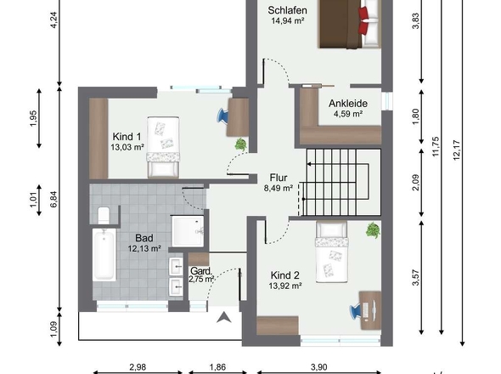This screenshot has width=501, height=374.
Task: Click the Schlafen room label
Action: point(287,10)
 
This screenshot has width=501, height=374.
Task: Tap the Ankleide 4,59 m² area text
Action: point(348,114)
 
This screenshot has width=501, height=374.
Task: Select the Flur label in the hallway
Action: point(279,178)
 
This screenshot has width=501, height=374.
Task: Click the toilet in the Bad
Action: point(104,215)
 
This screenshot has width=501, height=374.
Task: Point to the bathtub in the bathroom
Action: point(104,255)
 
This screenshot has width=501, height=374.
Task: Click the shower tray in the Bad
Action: point(188,231)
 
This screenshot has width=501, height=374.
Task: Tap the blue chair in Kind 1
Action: point(222,116)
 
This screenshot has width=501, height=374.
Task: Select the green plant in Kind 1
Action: point(241,144)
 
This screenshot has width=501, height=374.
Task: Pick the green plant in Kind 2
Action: point(373,230)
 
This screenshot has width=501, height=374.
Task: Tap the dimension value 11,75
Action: point(436,147)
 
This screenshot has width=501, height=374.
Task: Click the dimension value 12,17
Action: point(457,150)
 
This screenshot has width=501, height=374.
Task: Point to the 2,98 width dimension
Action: point(138,367)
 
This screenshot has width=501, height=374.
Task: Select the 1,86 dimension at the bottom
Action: point(217,367)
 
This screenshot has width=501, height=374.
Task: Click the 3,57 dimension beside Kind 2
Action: point(416,277)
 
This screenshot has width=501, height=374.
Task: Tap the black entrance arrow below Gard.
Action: point(224,317)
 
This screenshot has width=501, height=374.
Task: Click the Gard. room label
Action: point(201,271)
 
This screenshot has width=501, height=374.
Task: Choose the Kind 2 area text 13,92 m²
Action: point(285,286)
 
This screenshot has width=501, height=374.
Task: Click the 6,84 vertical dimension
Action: point(53,199)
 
